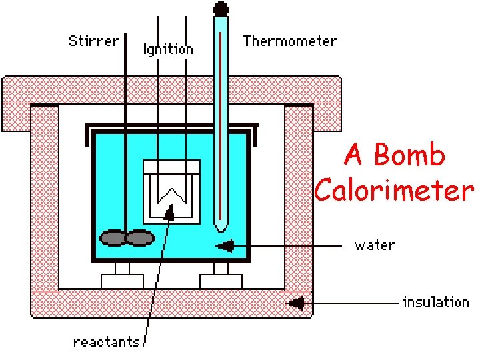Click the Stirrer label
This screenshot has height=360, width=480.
pyautogui.click(x=93, y=41)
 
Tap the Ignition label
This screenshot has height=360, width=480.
pyautogui.click(x=169, y=49)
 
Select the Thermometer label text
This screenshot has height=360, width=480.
pyautogui.click(x=290, y=41)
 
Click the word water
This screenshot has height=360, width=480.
pyautogui.click(x=375, y=245)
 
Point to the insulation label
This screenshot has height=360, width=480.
pyautogui.click(x=436, y=303)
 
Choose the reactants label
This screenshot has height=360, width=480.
pyautogui.click(x=107, y=342)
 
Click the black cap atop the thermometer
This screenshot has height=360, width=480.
pyautogui.click(x=220, y=9)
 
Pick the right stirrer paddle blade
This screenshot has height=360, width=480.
pyautogui.click(x=140, y=237)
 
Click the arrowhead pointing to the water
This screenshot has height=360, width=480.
pyautogui.click(x=227, y=246)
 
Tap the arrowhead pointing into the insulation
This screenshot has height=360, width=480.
pyautogui.click(x=296, y=304)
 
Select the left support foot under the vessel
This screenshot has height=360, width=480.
pyautogui.click(x=122, y=276)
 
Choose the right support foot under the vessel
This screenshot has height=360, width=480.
pyautogui.click(x=220, y=276)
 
